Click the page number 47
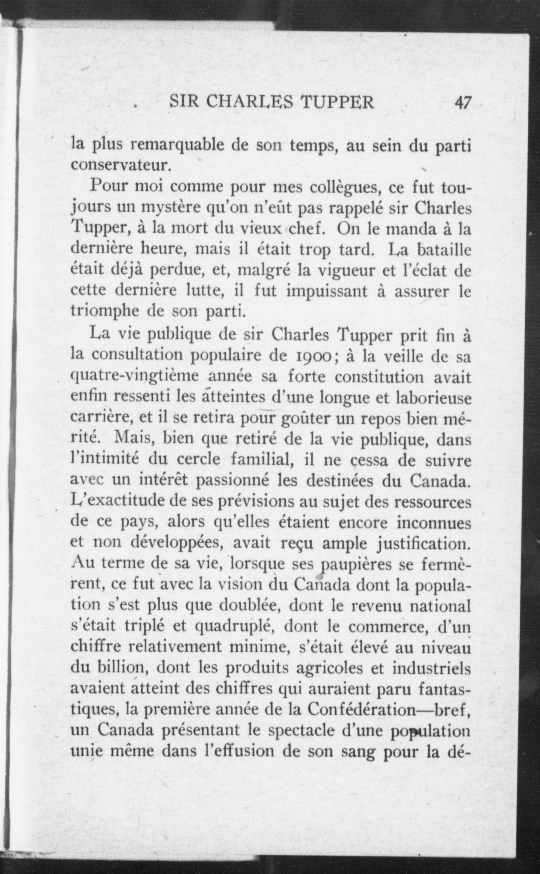[x=462, y=102]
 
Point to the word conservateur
[x=121, y=165]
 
